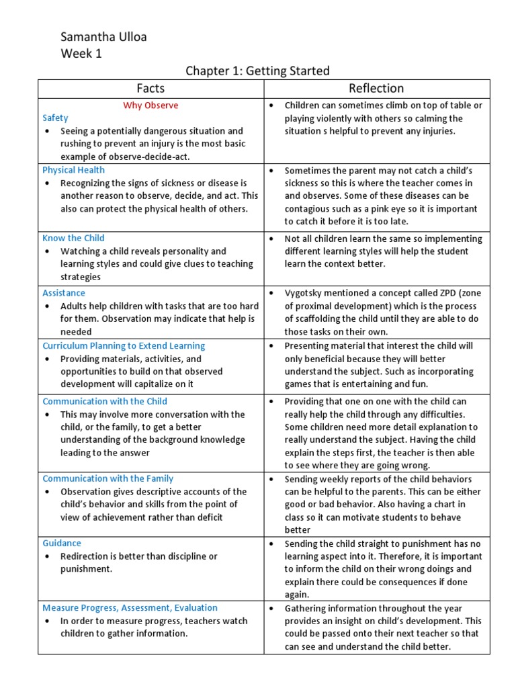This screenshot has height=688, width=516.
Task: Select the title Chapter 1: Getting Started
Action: (257, 71)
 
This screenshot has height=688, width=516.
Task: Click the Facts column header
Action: (150, 88)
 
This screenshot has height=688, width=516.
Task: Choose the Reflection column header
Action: (376, 88)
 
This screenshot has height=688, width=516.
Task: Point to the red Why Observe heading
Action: (150, 105)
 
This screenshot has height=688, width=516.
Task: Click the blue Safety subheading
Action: (55, 118)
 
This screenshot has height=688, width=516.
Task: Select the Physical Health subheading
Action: (73, 170)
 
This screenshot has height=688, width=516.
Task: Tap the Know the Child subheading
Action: (73, 238)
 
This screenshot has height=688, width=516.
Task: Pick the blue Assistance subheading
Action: (64, 293)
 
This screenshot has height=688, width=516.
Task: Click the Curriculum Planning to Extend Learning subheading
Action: (124, 346)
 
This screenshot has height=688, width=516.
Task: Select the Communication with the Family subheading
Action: (107, 478)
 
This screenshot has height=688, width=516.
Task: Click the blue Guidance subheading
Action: (62, 543)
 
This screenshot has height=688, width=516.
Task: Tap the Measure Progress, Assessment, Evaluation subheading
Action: (130, 607)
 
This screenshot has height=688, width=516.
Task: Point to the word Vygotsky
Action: (304, 293)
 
